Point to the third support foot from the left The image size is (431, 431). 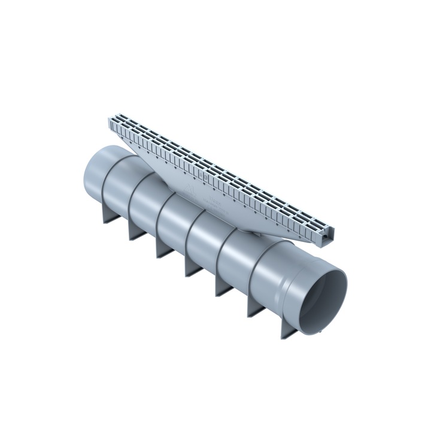coord(162,248)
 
